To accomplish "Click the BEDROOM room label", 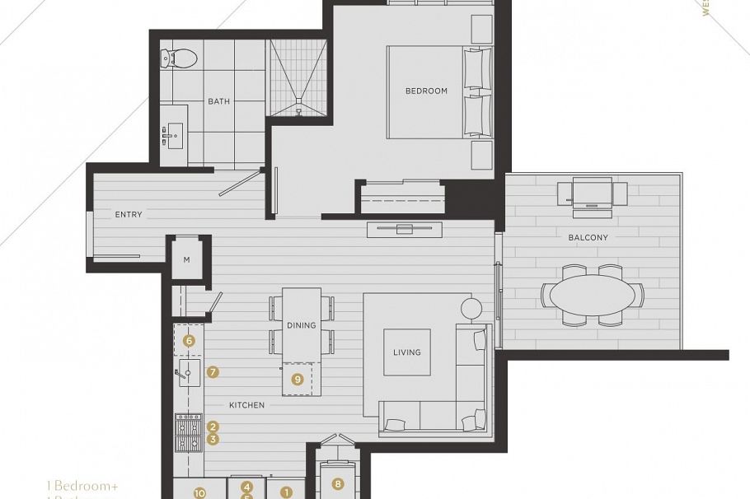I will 426,91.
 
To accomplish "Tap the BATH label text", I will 218,101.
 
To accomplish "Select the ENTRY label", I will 129,215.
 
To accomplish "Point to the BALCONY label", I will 588,238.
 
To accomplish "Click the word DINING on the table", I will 302,325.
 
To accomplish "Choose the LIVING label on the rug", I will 406,352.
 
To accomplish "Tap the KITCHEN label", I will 246,405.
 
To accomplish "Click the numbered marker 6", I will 189,340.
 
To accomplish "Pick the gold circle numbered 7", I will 213,372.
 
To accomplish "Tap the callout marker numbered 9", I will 298,380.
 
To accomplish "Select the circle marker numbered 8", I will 337,484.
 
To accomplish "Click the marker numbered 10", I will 199,493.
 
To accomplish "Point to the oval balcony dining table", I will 593,295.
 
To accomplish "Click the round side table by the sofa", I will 471,309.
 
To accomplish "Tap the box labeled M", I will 187,260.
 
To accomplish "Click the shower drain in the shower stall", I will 298,110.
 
